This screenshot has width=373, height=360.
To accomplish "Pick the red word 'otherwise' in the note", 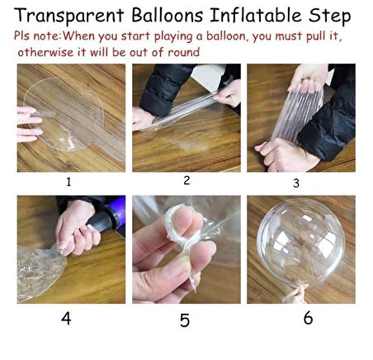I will click(46, 52).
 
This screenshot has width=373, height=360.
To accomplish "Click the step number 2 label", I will click(186, 179).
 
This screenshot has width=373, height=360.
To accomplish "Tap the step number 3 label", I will click(302, 182).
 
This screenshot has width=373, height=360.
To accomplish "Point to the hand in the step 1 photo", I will click(30, 122).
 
